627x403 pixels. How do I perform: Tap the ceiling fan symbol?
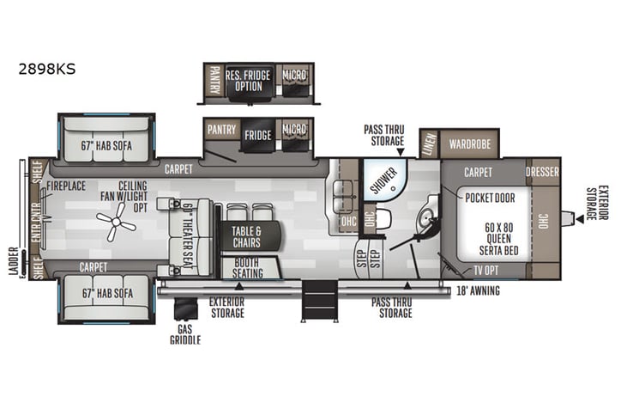(115, 225)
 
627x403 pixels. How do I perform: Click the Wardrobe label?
(467, 143)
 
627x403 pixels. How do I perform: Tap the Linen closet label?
(429, 143)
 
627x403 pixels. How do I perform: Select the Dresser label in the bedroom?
(542, 172)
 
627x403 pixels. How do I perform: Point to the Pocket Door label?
(489, 198)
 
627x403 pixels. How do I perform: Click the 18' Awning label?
(478, 290)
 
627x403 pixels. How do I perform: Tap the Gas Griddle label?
(185, 334)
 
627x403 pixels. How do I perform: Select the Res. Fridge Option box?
(248, 81)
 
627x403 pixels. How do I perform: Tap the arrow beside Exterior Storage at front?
(579, 218)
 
